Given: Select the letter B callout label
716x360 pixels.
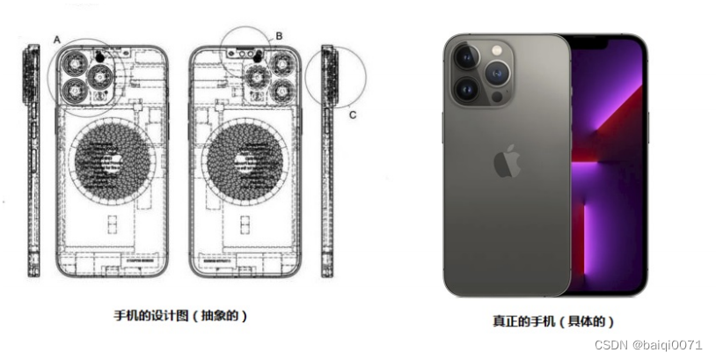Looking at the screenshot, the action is (x=279, y=36).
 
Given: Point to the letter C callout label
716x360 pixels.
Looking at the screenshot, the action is (x=353, y=114).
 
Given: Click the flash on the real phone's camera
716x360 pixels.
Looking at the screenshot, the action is (x=497, y=50).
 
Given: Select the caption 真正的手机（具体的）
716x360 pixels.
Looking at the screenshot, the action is (x=553, y=320).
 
